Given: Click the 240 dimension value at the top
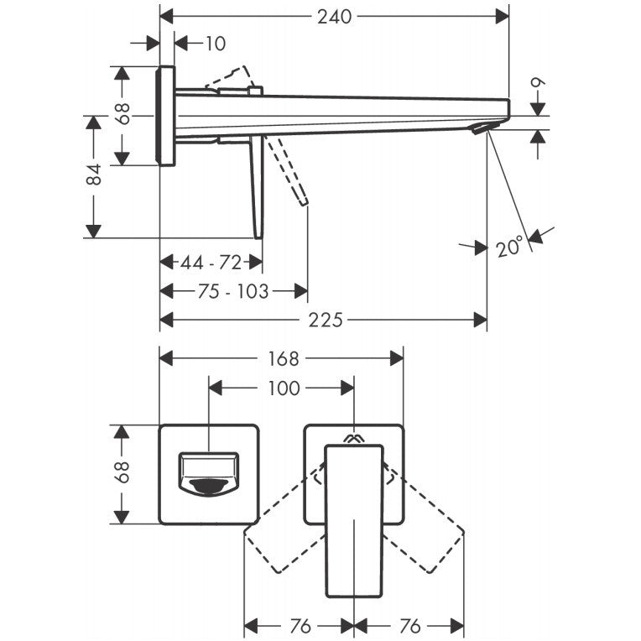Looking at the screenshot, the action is pyautogui.click(x=335, y=17).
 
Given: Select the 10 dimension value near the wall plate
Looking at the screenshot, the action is pyautogui.click(x=215, y=44).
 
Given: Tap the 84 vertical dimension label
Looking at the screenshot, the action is pyautogui.click(x=95, y=175).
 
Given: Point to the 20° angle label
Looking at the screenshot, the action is pyautogui.click(x=510, y=246).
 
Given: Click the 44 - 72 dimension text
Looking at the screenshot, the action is pyautogui.click(x=211, y=263).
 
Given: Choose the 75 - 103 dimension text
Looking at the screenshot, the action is pyautogui.click(x=233, y=291).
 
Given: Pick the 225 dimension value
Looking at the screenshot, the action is pyautogui.click(x=326, y=320).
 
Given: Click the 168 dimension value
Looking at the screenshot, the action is pyautogui.click(x=284, y=359).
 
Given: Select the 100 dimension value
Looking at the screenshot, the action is pyautogui.click(x=284, y=388).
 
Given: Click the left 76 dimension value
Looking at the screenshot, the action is pyautogui.click(x=300, y=626).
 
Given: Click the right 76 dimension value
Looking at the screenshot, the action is pyautogui.click(x=410, y=626).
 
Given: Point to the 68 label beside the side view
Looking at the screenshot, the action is pyautogui.click(x=122, y=113).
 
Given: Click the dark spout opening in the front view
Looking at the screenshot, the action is pyautogui.click(x=209, y=487).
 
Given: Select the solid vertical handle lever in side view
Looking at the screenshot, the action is pyautogui.click(x=257, y=187).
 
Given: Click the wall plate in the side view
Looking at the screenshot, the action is pyautogui.click(x=165, y=116).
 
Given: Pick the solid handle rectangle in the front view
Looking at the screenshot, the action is pyautogui.click(x=354, y=520).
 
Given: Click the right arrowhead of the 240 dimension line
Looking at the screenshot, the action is pyautogui.click(x=502, y=17).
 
